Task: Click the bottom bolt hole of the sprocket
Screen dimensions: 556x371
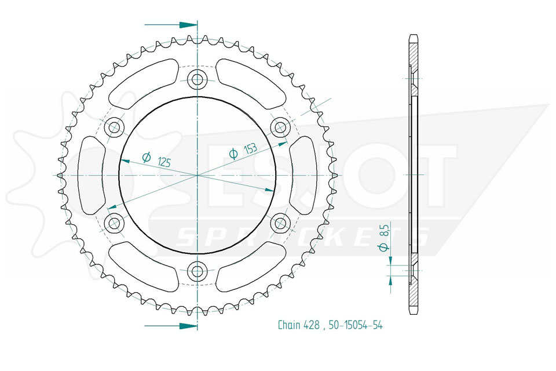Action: click(x=197, y=272)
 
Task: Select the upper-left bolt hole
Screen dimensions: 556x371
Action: click(x=114, y=127)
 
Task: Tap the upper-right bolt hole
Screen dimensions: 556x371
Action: click(x=280, y=127)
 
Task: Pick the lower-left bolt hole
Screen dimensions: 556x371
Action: click(x=114, y=223)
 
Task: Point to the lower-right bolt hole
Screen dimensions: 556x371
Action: click(x=280, y=223)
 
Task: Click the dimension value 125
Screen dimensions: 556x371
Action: click(x=164, y=162)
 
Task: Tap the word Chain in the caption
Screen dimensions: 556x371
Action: click(x=288, y=325)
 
